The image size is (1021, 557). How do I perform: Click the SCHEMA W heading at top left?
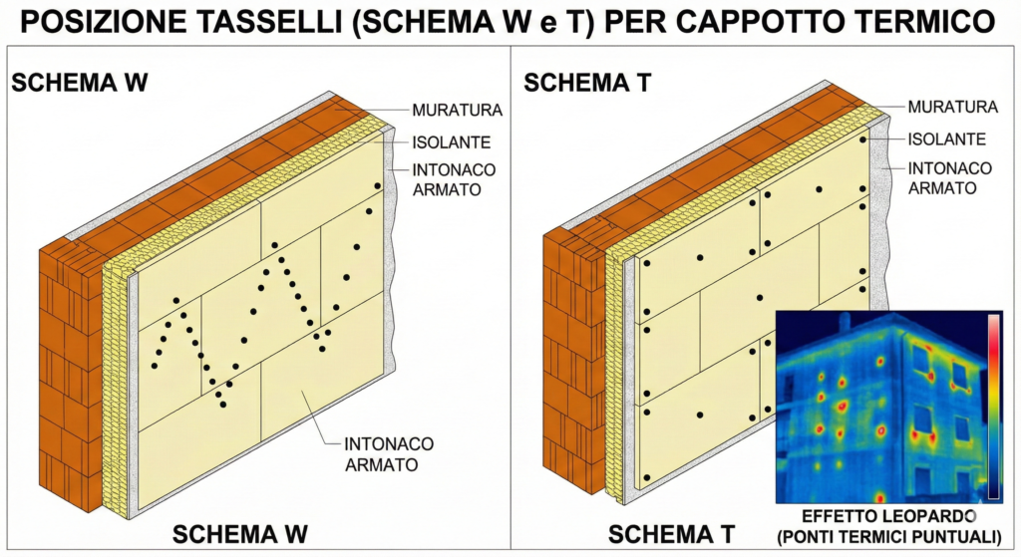[x=80, y=82]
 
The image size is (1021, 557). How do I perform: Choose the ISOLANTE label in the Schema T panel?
[x=946, y=139]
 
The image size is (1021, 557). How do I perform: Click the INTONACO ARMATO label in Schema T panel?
[x=949, y=177]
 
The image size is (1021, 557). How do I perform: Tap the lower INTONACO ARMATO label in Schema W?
[x=382, y=453]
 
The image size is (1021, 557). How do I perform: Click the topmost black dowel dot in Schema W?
[x=378, y=186]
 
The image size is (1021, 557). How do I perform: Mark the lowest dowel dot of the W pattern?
[x=221, y=404]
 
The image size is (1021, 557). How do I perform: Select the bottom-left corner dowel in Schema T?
[x=646, y=478]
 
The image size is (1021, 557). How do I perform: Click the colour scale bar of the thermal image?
[x=993, y=404]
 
